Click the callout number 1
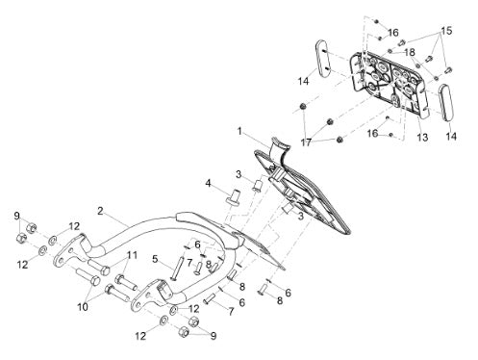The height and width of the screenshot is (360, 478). click(x=239, y=131)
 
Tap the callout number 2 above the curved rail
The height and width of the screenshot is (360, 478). click(x=100, y=211)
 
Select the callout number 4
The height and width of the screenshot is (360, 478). click(x=209, y=183)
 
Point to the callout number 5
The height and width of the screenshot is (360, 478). click(x=155, y=259)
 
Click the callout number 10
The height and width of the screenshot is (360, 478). click(x=83, y=307)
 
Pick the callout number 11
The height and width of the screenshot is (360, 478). click(x=132, y=255)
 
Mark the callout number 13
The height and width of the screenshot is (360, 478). click(x=422, y=138)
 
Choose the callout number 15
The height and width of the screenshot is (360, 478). click(x=446, y=31)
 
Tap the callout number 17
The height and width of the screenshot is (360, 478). click(x=306, y=142)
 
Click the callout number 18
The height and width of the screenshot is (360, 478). click(x=410, y=52)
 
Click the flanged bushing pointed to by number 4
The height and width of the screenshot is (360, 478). click(x=233, y=196)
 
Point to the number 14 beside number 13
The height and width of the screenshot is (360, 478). click(x=451, y=137)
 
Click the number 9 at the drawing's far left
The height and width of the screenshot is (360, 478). click(x=17, y=216)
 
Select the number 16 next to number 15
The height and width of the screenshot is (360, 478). click(x=393, y=33)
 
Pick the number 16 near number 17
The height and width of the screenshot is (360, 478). click(x=372, y=133)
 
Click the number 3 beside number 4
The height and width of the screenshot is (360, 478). click(x=239, y=175)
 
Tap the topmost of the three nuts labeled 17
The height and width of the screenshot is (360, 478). click(x=303, y=107)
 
